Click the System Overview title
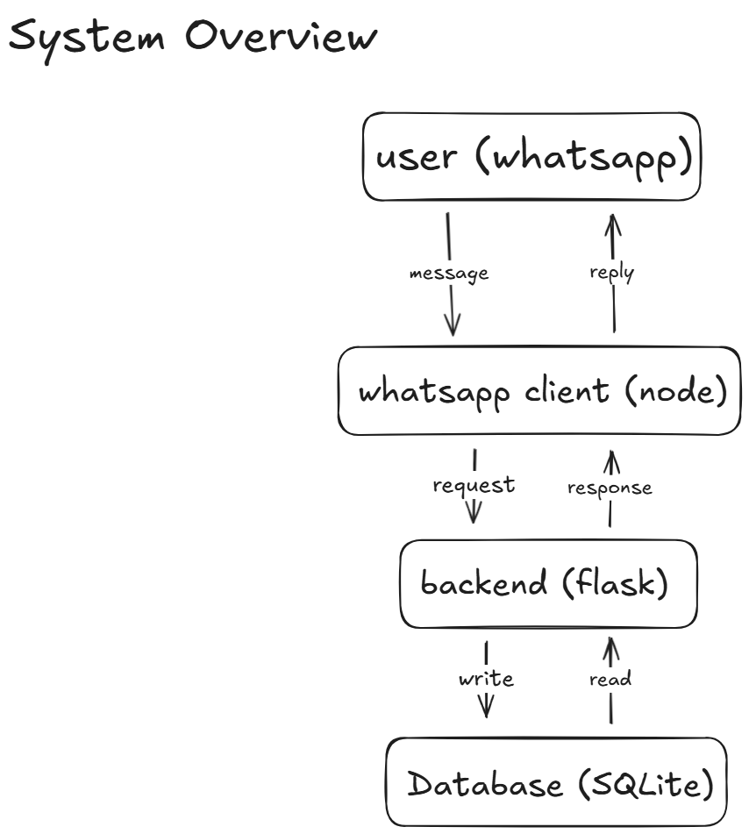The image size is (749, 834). [x=193, y=37]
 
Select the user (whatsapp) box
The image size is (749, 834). [x=532, y=157]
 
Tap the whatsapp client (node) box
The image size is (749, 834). [x=539, y=391]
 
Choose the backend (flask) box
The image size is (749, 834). [x=548, y=584]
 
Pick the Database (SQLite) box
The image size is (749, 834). [x=557, y=782]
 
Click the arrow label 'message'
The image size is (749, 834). [x=449, y=273]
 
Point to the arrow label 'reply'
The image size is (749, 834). [x=611, y=272]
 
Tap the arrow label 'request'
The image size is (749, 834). [x=474, y=485]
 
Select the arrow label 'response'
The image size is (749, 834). [x=610, y=488]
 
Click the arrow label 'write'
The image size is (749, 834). [x=486, y=679]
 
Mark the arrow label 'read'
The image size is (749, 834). [x=610, y=679]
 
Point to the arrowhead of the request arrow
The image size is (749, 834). [x=474, y=514]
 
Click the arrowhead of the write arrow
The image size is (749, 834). [x=486, y=708]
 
